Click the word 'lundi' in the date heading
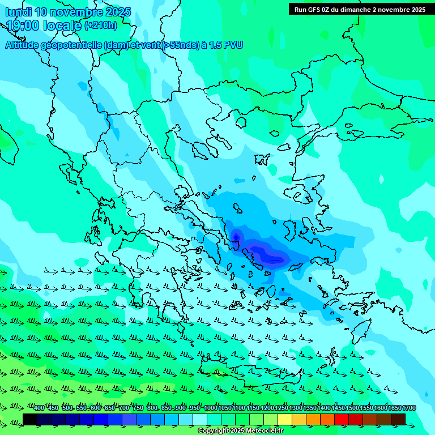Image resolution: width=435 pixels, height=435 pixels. coord(18,12)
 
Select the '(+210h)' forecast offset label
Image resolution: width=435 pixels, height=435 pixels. coord(101,25)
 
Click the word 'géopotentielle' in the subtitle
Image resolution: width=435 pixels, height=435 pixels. coord(71,45)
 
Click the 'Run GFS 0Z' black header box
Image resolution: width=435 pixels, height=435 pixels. coord(360,10)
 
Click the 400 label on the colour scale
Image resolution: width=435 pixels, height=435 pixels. coord(39,408)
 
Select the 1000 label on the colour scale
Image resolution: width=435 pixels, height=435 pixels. coord(211,408)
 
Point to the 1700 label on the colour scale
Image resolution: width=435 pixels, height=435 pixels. coord(409,408)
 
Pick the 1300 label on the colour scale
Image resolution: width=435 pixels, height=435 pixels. coord(296,408)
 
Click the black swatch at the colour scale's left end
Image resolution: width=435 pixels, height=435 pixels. coord(30,419)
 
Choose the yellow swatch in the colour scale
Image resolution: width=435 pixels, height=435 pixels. coord(285,419)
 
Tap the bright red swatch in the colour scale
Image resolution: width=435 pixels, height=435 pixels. coord(342,419)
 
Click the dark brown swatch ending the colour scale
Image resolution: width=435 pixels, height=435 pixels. coord(398,419)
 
